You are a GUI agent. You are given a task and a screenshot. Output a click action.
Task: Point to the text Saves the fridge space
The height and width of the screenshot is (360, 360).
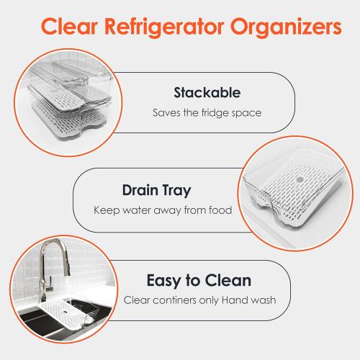click(x=206, y=113)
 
